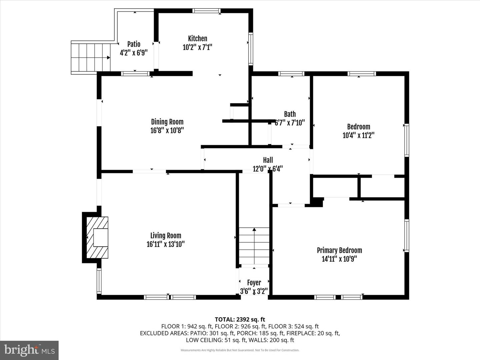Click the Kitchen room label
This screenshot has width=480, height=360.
pos(197,39)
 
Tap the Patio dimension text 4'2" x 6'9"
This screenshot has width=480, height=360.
pos(134,53)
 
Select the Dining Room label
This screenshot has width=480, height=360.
pos(167,122)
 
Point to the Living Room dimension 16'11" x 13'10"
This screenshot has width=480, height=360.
pos(166,244)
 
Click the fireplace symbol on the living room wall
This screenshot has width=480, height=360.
pos(97,237)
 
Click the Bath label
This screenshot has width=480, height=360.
pos(290,114)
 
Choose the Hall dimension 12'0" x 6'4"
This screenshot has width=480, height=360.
pos(268,169)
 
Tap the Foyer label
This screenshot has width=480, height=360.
pos(254,283)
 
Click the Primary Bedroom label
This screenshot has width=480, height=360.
pos(339,250)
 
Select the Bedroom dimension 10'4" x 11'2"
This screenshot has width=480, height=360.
pos(358,135)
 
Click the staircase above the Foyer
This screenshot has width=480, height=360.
pos(254,246)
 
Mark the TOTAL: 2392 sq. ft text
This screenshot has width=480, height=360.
pos(240,319)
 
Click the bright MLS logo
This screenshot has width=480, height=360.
pos(29,350)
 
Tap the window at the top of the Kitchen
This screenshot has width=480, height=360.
pos(206,11)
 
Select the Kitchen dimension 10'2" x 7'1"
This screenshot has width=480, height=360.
pos(197,47)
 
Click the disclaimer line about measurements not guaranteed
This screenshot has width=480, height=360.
pos(240,350)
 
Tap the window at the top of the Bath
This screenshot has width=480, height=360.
pos(291,74)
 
